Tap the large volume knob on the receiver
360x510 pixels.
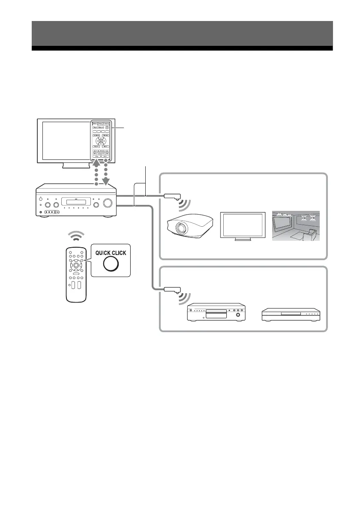point(109,203)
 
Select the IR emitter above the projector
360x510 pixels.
point(172,197)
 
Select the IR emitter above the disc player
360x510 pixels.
point(172,290)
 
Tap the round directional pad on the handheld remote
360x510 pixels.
point(75,265)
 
